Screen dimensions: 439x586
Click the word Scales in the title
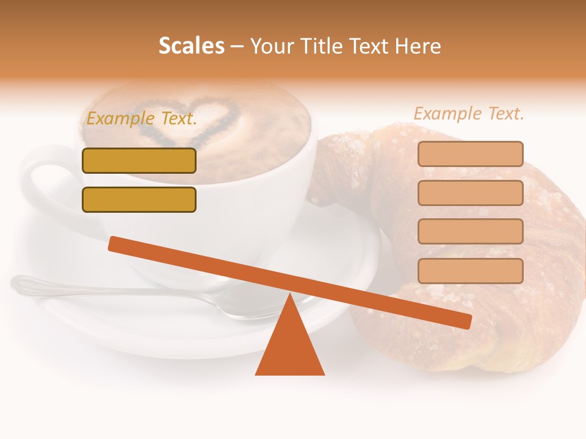click(x=191, y=46)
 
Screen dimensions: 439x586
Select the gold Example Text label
click(x=142, y=119)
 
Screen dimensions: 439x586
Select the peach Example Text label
click(x=469, y=113)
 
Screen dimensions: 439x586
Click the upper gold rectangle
click(x=139, y=160)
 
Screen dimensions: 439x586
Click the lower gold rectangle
click(x=139, y=199)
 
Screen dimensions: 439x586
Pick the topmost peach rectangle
click(x=470, y=154)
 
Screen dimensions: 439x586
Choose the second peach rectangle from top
click(x=470, y=193)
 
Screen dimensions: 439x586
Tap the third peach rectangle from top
click(x=470, y=232)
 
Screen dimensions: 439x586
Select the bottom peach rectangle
click(x=470, y=271)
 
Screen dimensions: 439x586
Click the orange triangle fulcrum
click(x=289, y=348)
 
